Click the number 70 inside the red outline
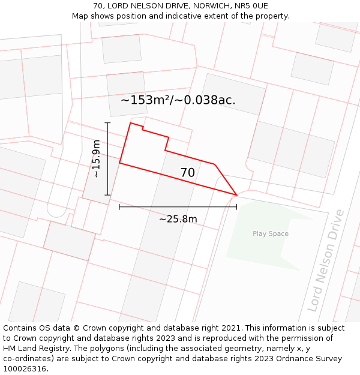coord(188,173)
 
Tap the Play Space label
coord(271,234)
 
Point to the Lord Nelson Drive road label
coord(326,260)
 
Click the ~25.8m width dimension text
coord(178,219)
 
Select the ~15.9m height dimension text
coord(95,158)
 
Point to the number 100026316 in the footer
coord(26,369)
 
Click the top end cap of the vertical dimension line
coord(108,123)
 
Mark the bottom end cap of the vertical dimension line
coord(108,195)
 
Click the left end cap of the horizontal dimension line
coord(119,206)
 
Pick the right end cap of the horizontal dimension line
coord(236,206)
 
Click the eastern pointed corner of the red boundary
coord(236,194)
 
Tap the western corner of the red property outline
coord(119,163)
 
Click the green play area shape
coord(264,246)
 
